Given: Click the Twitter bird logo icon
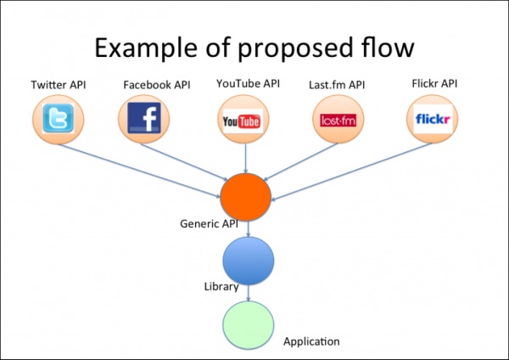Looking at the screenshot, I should coord(59,121).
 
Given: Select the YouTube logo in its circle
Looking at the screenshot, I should coord(241,121).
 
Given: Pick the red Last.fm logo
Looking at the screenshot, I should coord(338,121).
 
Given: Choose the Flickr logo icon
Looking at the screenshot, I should coord(433,120).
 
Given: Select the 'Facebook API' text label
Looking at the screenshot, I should coord(157,85).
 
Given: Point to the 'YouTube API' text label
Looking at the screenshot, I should coord(247,83).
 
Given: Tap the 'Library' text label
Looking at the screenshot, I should coord(221,287).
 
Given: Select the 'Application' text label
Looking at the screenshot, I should coord(311,341).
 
